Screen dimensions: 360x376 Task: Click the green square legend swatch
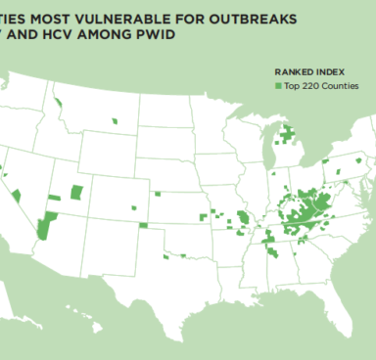pyautogui.click(x=278, y=86)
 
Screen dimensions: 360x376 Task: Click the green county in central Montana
pyautogui.click(x=116, y=121)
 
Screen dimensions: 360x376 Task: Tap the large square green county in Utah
pyautogui.click(x=76, y=191)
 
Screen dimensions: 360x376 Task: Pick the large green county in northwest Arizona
pyautogui.click(x=43, y=228)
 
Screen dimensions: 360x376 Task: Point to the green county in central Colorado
pyautogui.click(x=134, y=207)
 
